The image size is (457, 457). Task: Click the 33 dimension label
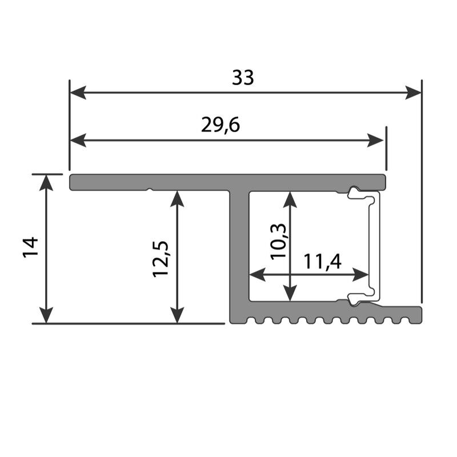[x=243, y=78]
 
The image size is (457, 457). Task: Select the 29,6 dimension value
[x=221, y=125]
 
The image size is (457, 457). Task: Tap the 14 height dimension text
[x=31, y=247]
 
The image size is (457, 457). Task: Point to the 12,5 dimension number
[x=161, y=259]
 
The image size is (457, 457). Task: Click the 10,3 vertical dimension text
[x=279, y=242]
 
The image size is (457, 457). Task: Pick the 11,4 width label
[x=322, y=261]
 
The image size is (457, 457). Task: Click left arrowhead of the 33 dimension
[x=78, y=93]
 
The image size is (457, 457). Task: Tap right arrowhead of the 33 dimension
[x=413, y=93]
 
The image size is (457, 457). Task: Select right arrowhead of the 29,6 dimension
[x=375, y=141]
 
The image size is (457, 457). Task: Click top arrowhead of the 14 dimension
[x=46, y=183]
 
